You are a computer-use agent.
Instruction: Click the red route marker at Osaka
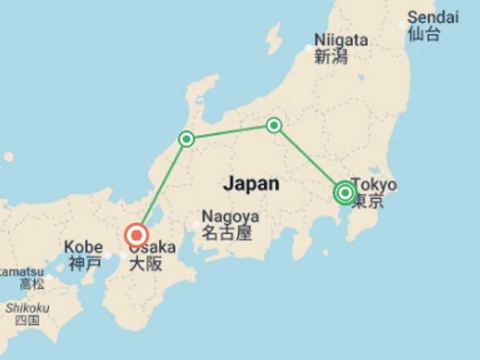[136, 236]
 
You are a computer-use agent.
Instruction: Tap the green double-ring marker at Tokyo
[345, 192]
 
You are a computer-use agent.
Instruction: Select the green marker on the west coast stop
[186, 139]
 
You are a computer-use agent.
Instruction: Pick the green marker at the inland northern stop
[274, 125]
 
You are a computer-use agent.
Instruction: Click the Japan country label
[251, 184]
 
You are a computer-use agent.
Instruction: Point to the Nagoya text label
[230, 216]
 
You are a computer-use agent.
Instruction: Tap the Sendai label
[432, 17]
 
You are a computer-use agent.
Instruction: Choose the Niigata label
[341, 40]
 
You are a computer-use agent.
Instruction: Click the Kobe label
[83, 247]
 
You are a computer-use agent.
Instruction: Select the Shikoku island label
[27, 308]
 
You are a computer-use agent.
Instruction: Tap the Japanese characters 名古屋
[226, 234]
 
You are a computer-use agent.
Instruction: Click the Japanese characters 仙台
[424, 34]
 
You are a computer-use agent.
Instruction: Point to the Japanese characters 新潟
[331, 57]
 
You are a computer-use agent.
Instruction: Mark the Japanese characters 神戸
[84, 263]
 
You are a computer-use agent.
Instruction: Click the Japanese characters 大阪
[146, 263]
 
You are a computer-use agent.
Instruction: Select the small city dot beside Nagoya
[197, 225]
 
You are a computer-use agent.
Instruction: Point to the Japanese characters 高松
[32, 284]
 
